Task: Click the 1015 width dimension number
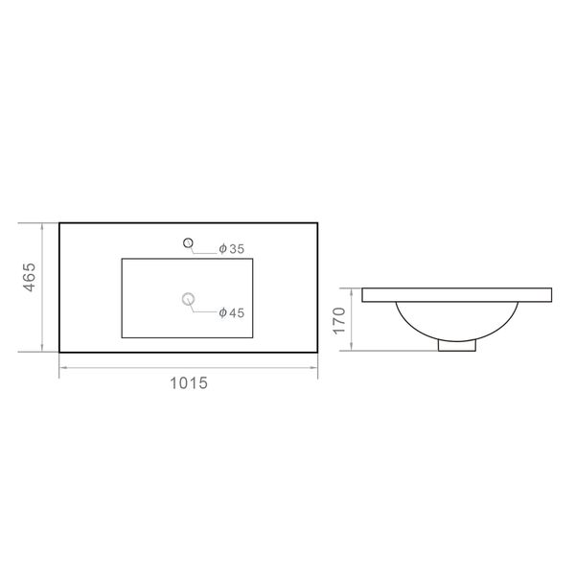point(189,383)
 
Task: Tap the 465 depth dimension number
point(30,277)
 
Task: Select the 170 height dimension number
point(339,321)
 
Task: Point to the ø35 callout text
point(231,249)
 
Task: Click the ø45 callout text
point(231,312)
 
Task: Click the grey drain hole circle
point(188,299)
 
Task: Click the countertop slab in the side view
point(457,295)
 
